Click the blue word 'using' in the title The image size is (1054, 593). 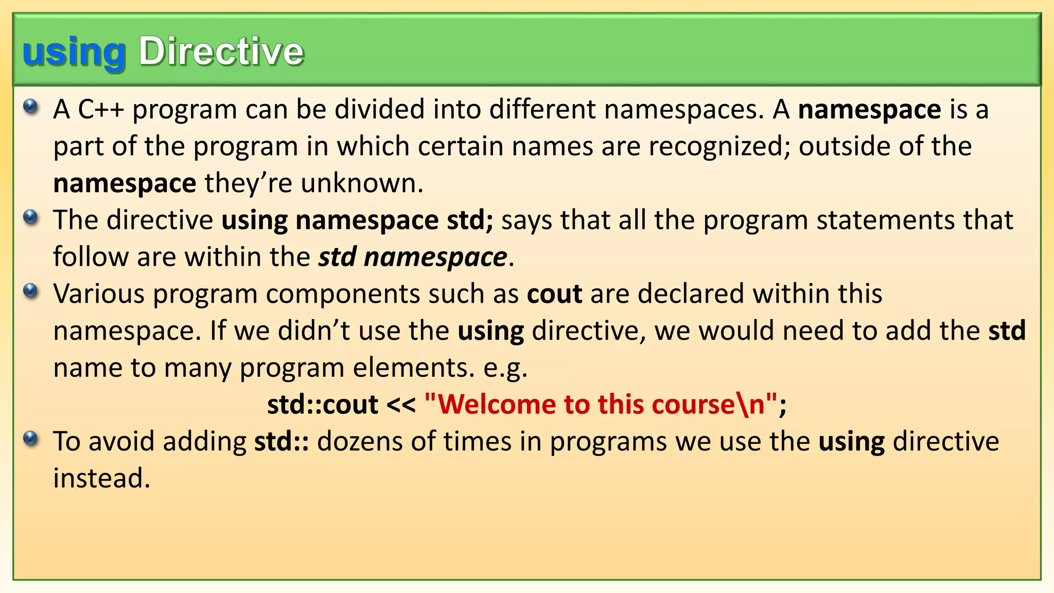coord(74,52)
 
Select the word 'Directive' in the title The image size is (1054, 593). coord(221,51)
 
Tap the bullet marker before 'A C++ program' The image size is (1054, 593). coord(31,107)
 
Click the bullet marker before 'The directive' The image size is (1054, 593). coord(31,218)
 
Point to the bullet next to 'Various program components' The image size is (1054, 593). coord(31,291)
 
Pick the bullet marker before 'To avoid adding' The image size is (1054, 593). coord(31,439)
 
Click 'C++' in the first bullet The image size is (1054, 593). coord(101,110)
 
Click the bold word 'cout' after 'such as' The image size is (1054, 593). coord(554,294)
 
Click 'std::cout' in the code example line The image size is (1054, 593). coord(323,405)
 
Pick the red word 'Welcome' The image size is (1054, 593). coord(497,405)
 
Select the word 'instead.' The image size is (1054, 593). coord(102,479)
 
